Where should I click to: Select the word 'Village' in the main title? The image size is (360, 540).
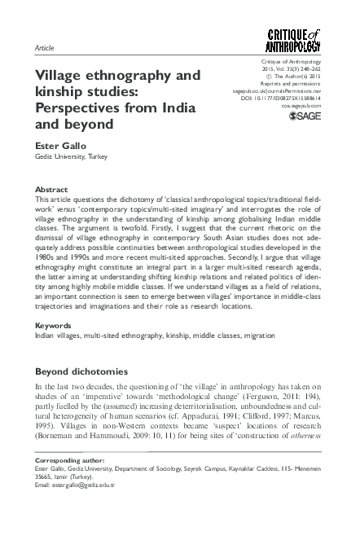point(63,76)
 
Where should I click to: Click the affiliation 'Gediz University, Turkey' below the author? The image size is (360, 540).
point(72,156)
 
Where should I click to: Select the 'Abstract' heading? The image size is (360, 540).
point(51,189)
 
